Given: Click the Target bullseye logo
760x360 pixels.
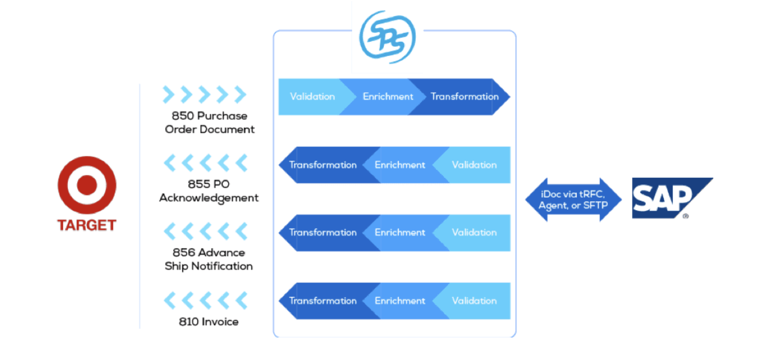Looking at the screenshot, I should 87,185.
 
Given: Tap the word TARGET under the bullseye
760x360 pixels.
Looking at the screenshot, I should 87,225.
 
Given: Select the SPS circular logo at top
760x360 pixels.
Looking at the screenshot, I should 387,37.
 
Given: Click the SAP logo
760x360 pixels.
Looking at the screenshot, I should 671,198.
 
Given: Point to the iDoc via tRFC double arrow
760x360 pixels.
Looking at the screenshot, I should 573,199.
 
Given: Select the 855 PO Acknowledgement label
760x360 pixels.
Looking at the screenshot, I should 209,191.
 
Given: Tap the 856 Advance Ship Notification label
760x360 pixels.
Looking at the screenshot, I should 209,259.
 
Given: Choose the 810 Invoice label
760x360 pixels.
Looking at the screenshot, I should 209,322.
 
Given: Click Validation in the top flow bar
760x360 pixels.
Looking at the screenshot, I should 312,97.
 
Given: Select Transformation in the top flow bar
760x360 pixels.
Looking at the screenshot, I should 464,97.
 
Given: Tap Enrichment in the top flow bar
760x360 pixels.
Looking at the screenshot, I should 388,97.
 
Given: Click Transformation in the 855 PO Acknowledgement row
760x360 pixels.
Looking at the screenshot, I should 323,165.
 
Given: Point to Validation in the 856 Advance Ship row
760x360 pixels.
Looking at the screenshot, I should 474,233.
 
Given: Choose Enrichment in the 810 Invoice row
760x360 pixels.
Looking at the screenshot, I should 400,301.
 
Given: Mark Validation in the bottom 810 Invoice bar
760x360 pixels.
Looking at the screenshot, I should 474,301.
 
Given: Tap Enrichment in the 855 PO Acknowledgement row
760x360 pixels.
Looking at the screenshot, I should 400,165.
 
